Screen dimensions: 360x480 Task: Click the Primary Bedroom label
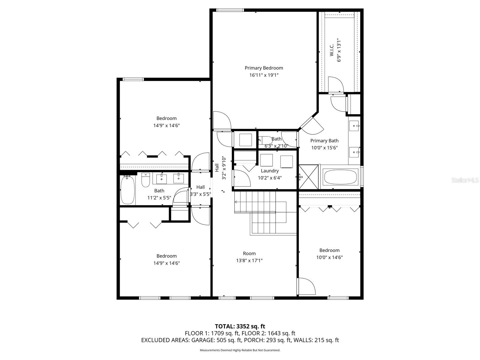(x=264, y=68)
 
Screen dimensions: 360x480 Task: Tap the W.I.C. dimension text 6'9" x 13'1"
(x=339, y=50)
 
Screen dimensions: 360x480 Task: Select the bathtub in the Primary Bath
(x=341, y=177)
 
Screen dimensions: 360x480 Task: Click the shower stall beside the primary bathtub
(x=309, y=177)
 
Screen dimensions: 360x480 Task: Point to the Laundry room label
(x=270, y=171)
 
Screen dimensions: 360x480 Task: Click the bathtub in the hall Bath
(x=127, y=190)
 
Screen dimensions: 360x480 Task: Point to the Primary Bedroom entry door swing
(x=221, y=120)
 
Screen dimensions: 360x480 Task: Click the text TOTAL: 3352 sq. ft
(x=240, y=326)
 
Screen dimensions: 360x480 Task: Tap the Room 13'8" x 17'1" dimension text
(x=249, y=261)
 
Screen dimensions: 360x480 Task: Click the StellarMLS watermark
(x=465, y=180)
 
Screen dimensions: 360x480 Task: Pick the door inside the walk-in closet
(x=335, y=85)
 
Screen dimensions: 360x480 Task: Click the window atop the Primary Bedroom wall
(x=230, y=10)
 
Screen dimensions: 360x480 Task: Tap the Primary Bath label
(x=324, y=141)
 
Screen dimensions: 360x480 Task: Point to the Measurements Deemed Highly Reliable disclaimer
(x=240, y=350)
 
